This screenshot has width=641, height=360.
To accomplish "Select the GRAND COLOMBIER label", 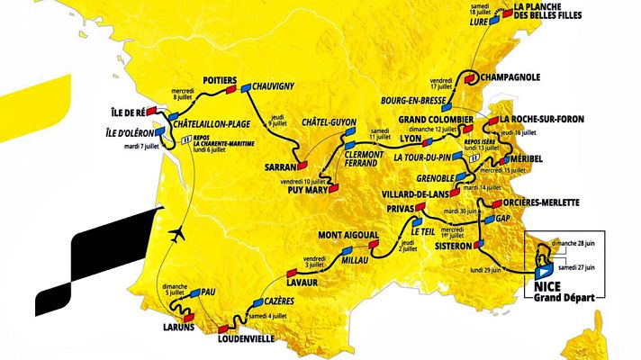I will click(436, 120).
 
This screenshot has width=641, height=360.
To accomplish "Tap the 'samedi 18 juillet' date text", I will click(492, 9).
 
